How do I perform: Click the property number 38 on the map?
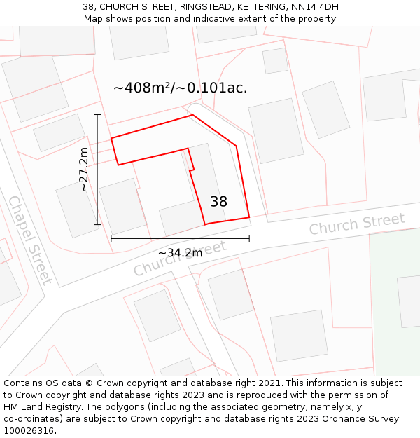tap(218, 202)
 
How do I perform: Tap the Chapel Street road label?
tap(30, 240)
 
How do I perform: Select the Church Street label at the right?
tap(357, 224)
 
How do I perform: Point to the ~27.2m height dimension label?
tap(84, 169)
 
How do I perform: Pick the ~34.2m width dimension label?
tap(180, 253)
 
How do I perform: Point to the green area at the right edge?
tap(395, 301)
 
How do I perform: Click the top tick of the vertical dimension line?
tap(97, 114)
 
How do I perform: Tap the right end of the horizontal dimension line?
tap(249, 239)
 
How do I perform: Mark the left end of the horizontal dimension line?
tap(111, 239)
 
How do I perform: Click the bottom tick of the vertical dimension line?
tap(97, 225)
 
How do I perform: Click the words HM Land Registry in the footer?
tap(39, 407)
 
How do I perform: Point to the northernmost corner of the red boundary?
tap(192, 115)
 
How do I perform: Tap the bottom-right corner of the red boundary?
tap(249, 217)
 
